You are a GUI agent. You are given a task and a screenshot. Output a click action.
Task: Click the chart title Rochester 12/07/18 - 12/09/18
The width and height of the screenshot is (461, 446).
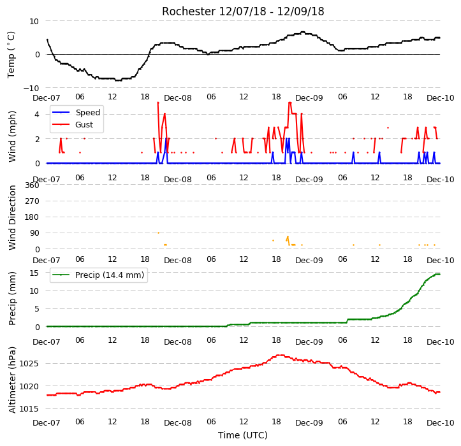[243, 11]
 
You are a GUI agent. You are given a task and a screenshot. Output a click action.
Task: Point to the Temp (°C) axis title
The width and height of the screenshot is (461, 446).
[11, 55]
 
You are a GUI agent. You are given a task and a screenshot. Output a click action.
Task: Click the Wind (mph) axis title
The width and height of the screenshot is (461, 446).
[11, 136]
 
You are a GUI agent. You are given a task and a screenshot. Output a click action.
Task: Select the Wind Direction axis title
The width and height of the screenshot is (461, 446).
[11, 217]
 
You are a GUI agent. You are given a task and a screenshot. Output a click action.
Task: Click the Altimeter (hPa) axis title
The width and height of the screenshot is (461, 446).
[11, 380]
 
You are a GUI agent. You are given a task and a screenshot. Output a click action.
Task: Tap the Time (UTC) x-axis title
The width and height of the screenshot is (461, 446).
[243, 435]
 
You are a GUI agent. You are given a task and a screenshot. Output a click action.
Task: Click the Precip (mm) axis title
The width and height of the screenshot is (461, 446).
[11, 299]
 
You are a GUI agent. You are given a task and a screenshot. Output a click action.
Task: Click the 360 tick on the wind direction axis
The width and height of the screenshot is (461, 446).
[32, 185]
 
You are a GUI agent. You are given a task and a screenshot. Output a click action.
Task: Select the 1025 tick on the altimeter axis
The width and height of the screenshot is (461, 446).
[29, 363]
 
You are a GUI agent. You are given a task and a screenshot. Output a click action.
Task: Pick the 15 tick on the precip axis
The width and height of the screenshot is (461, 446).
[34, 273]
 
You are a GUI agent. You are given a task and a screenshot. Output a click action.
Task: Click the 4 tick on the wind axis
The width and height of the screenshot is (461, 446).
[37, 114]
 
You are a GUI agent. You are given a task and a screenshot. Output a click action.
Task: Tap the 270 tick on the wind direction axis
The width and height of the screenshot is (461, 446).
[32, 201]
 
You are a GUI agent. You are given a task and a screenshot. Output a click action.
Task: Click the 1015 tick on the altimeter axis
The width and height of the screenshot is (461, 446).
[29, 408]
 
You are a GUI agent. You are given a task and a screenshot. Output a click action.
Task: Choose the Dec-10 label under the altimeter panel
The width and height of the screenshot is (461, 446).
[440, 423]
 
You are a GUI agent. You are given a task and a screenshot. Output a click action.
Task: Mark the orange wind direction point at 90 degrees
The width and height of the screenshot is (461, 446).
[159, 233]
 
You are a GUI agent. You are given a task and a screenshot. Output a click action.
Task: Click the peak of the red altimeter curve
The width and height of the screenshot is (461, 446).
[281, 356]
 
